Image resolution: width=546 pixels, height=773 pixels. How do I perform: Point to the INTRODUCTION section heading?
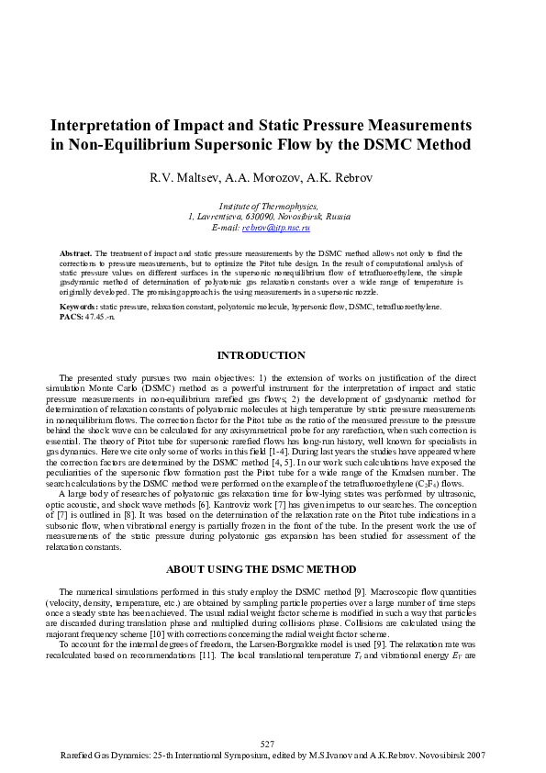261,355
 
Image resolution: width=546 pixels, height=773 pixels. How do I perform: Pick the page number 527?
268,743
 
